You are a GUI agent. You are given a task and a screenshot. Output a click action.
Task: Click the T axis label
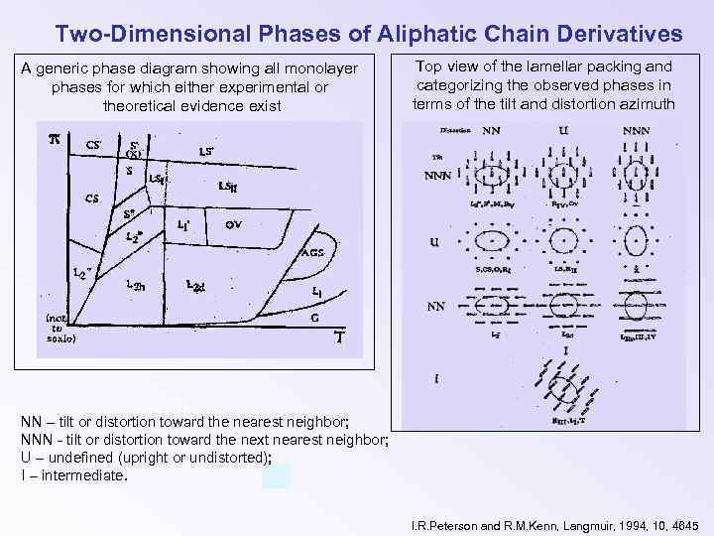[338, 337]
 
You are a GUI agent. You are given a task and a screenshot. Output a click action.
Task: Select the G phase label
[315, 319]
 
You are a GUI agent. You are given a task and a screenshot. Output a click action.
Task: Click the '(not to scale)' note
[58, 329]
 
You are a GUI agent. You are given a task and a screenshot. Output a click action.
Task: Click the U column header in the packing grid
[562, 129]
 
